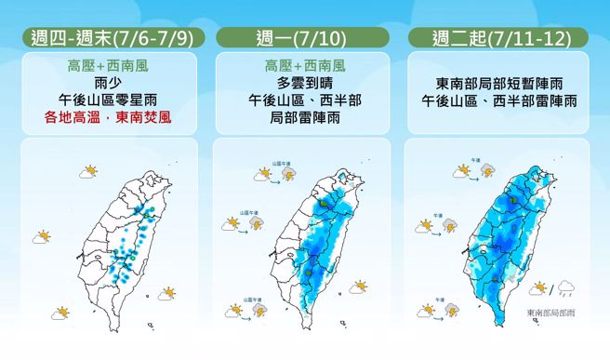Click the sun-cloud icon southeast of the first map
167,294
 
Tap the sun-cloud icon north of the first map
89,172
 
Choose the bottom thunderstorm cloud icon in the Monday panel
259,310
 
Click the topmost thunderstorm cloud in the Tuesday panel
488,172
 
